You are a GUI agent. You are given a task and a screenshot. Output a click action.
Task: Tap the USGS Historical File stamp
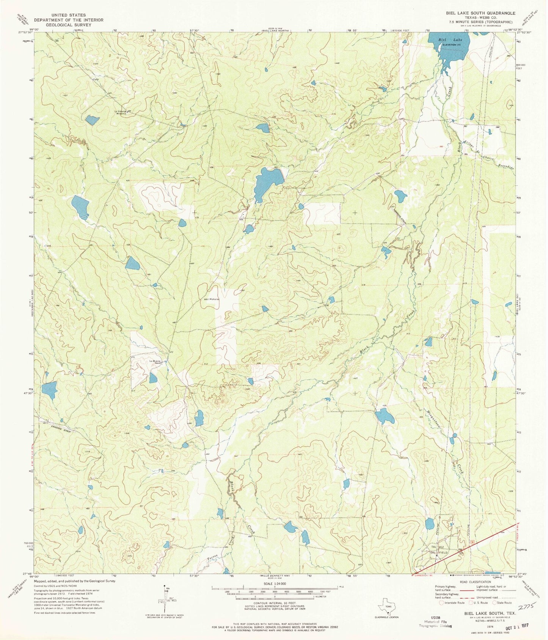pos(435,626)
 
